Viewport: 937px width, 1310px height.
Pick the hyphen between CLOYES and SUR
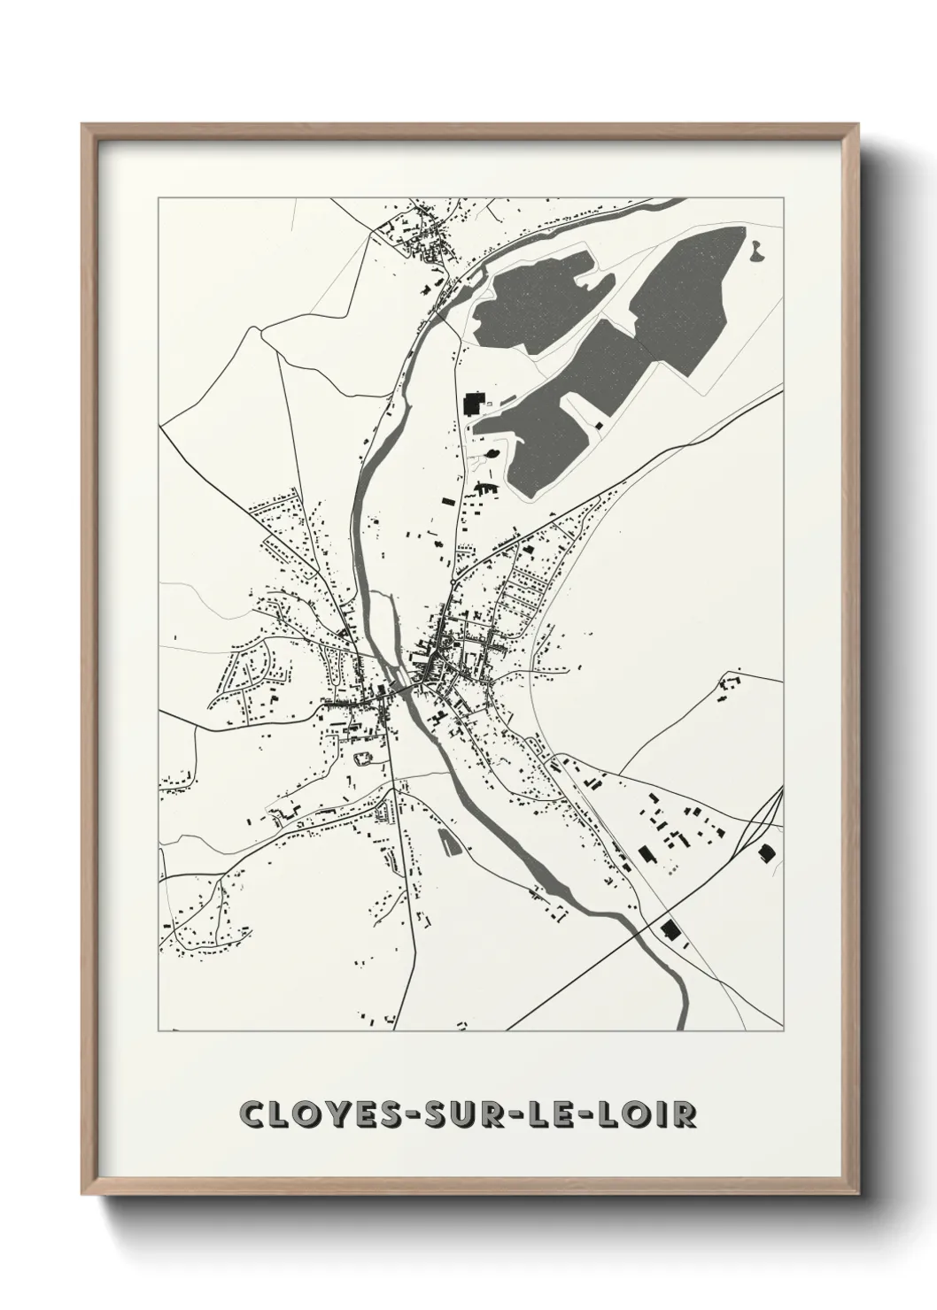(x=405, y=1114)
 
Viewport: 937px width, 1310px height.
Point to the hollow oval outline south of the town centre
(x=362, y=758)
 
